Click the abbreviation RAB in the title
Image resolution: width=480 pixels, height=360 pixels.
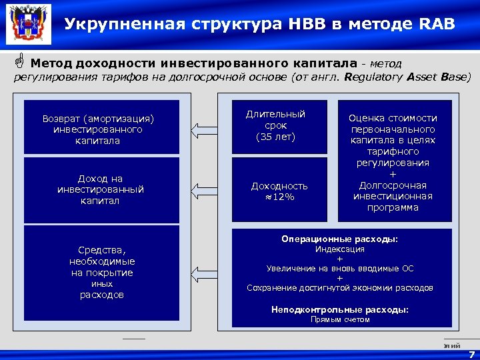click(x=437, y=25)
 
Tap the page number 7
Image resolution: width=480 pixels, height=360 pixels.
click(x=471, y=355)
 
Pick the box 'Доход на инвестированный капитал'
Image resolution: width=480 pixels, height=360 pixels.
click(x=101, y=190)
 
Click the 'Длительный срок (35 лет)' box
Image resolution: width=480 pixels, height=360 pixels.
click(x=279, y=126)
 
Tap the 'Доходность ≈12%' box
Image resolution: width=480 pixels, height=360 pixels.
click(x=279, y=191)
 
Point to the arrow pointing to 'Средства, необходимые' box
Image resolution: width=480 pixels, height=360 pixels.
click(x=204, y=273)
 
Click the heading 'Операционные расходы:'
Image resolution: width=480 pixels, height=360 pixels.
click(x=339, y=239)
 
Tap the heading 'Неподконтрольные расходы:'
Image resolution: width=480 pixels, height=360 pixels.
click(x=339, y=309)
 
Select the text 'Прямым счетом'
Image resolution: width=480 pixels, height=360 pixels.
click(x=339, y=319)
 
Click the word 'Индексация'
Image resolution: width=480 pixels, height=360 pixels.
click(x=339, y=249)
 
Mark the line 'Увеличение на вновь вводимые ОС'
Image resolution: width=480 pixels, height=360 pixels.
click(x=339, y=269)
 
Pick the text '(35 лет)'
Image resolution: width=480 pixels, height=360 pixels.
click(x=275, y=137)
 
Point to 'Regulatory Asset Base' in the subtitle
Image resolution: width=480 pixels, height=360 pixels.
click(x=413, y=77)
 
